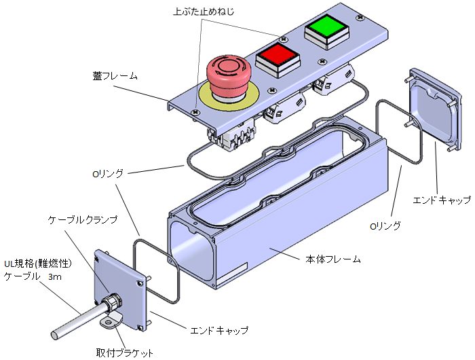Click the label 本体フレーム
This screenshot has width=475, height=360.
pyautogui.click(x=331, y=259)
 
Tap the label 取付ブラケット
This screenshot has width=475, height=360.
pyautogui.click(x=125, y=353)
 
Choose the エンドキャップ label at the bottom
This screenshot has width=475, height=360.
pyautogui.click(x=219, y=331)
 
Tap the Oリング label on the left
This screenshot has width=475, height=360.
pyautogui.click(x=108, y=173)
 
